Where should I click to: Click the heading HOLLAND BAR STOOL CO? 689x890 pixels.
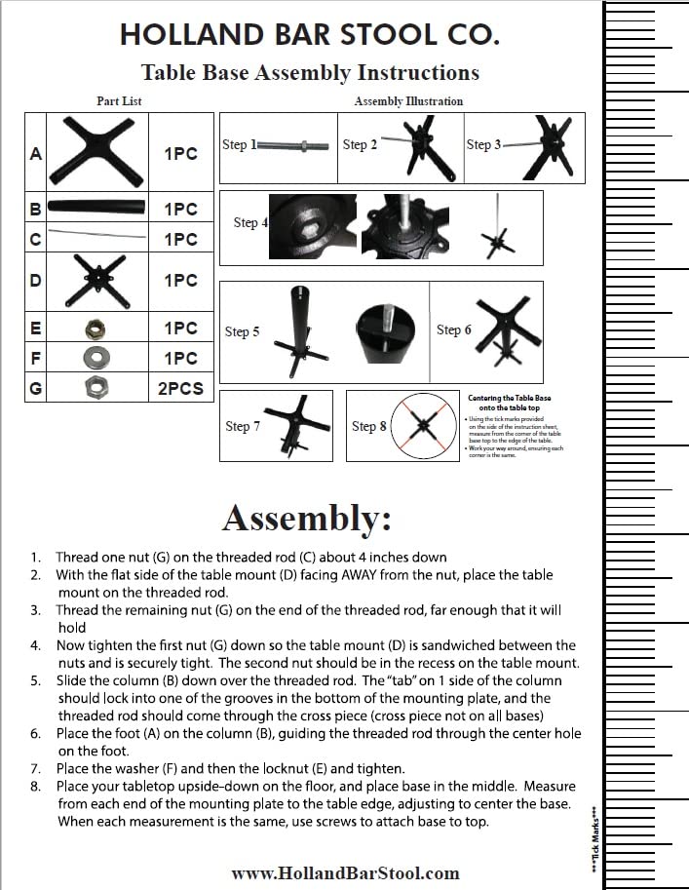[310, 35]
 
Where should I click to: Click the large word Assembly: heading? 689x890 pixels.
[307, 518]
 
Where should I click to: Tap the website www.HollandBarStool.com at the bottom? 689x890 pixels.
[345, 872]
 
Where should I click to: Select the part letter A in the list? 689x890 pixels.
[36, 153]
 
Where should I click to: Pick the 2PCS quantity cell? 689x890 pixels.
[180, 388]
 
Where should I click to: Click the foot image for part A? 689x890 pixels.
[96, 152]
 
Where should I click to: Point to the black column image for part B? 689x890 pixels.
[96, 208]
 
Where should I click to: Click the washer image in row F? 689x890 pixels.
[96, 358]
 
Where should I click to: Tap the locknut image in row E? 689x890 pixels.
[96, 329]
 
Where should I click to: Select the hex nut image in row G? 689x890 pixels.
[96, 388]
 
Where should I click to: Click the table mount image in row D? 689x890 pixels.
[96, 280]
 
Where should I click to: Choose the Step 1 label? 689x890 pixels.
[239, 145]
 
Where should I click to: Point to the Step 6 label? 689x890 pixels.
[453, 329]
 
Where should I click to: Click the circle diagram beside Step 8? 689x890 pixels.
[421, 426]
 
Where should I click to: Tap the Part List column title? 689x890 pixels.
[119, 101]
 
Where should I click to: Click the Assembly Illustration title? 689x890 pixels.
[408, 101]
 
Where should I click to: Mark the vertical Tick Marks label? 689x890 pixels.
[594, 837]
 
